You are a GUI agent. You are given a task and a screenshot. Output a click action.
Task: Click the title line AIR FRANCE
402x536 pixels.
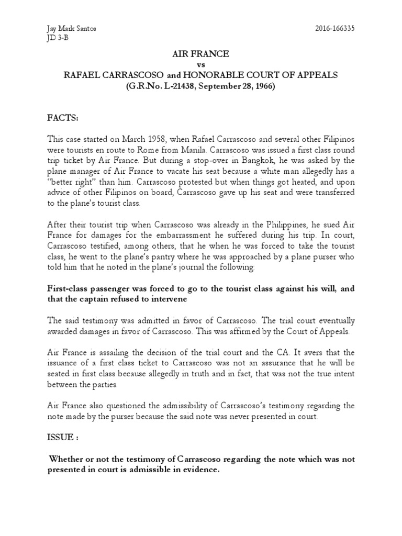coord(201,54)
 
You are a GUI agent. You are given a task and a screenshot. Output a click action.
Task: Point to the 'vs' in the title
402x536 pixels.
coord(201,64)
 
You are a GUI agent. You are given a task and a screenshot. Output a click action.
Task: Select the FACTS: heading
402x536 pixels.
coord(63,118)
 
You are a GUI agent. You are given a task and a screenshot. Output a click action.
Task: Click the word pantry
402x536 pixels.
coord(175,257)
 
